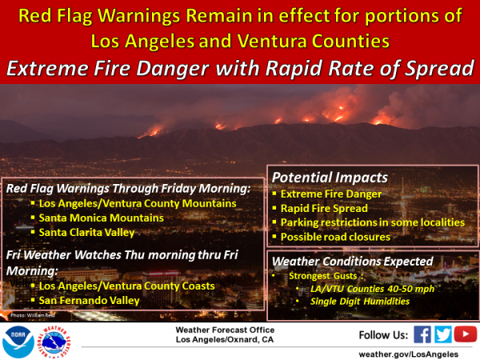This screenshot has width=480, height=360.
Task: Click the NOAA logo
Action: click(18, 342)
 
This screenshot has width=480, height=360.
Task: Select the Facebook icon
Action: click(422, 334)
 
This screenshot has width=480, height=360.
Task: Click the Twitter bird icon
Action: click(443, 334)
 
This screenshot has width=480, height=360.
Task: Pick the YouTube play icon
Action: click(466, 334)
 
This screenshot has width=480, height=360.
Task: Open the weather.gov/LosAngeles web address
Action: click(408, 354)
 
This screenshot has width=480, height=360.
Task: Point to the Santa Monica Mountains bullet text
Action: click(102, 218)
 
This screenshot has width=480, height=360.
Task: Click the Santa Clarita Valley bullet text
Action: click(86, 233)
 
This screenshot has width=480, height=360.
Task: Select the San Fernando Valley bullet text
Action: click(89, 301)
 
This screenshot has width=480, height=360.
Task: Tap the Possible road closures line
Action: click(335, 237)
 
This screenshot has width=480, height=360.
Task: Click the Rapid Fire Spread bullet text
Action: click(324, 209)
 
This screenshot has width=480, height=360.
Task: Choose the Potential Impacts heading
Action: click(330, 178)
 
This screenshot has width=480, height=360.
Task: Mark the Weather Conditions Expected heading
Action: click(352, 262)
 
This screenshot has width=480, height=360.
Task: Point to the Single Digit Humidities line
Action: click(360, 302)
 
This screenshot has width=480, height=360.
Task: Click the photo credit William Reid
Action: click(33, 315)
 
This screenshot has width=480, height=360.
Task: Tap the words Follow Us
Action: click(383, 335)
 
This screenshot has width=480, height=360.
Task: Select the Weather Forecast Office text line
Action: click(225, 330)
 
